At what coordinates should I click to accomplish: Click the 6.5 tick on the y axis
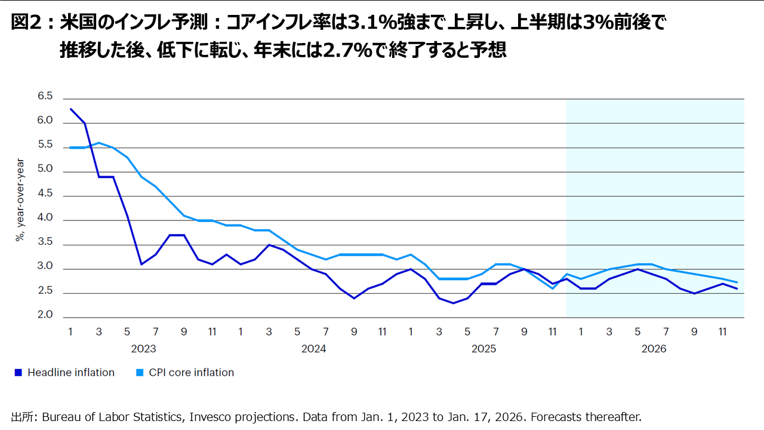pos(45,96)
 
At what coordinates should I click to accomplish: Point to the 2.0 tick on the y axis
pos(45,315)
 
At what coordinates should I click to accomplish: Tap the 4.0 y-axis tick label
pos(45,218)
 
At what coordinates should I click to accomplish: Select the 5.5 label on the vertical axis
pos(45,145)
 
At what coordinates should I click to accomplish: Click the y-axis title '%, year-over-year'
pos(20,199)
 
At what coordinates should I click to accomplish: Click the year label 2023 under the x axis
pos(143,349)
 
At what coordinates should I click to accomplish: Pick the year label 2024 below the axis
pos(313,349)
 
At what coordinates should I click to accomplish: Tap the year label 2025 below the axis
pos(483,349)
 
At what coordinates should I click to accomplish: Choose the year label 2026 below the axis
pos(654,349)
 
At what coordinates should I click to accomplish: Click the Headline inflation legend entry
pos(70,373)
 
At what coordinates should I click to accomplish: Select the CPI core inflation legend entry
pos(191,373)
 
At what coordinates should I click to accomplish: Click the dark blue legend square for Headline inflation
pos(18,373)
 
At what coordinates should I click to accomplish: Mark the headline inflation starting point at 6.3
pos(70,109)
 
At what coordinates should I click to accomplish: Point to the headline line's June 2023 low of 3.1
pos(141,264)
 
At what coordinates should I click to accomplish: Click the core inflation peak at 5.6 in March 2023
pos(99,143)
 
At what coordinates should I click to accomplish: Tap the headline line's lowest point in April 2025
pos(454,303)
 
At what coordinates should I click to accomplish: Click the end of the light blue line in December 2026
pos(737,282)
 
